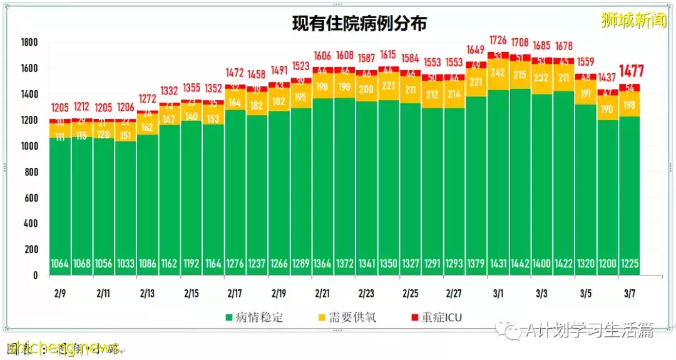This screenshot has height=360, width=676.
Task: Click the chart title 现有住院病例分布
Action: click(x=359, y=24)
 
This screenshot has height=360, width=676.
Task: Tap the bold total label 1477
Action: click(x=631, y=71)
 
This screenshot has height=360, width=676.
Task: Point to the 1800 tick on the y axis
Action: click(x=29, y=43)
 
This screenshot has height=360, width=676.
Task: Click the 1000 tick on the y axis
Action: click(x=29, y=146)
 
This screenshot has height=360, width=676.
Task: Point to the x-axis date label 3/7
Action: click(x=630, y=293)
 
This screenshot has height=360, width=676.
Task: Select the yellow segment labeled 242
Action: click(x=499, y=73)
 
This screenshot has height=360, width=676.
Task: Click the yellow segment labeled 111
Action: click(x=60, y=136)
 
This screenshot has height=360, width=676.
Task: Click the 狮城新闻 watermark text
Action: click(x=633, y=21)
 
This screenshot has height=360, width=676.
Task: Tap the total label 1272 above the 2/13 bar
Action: click(x=148, y=99)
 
